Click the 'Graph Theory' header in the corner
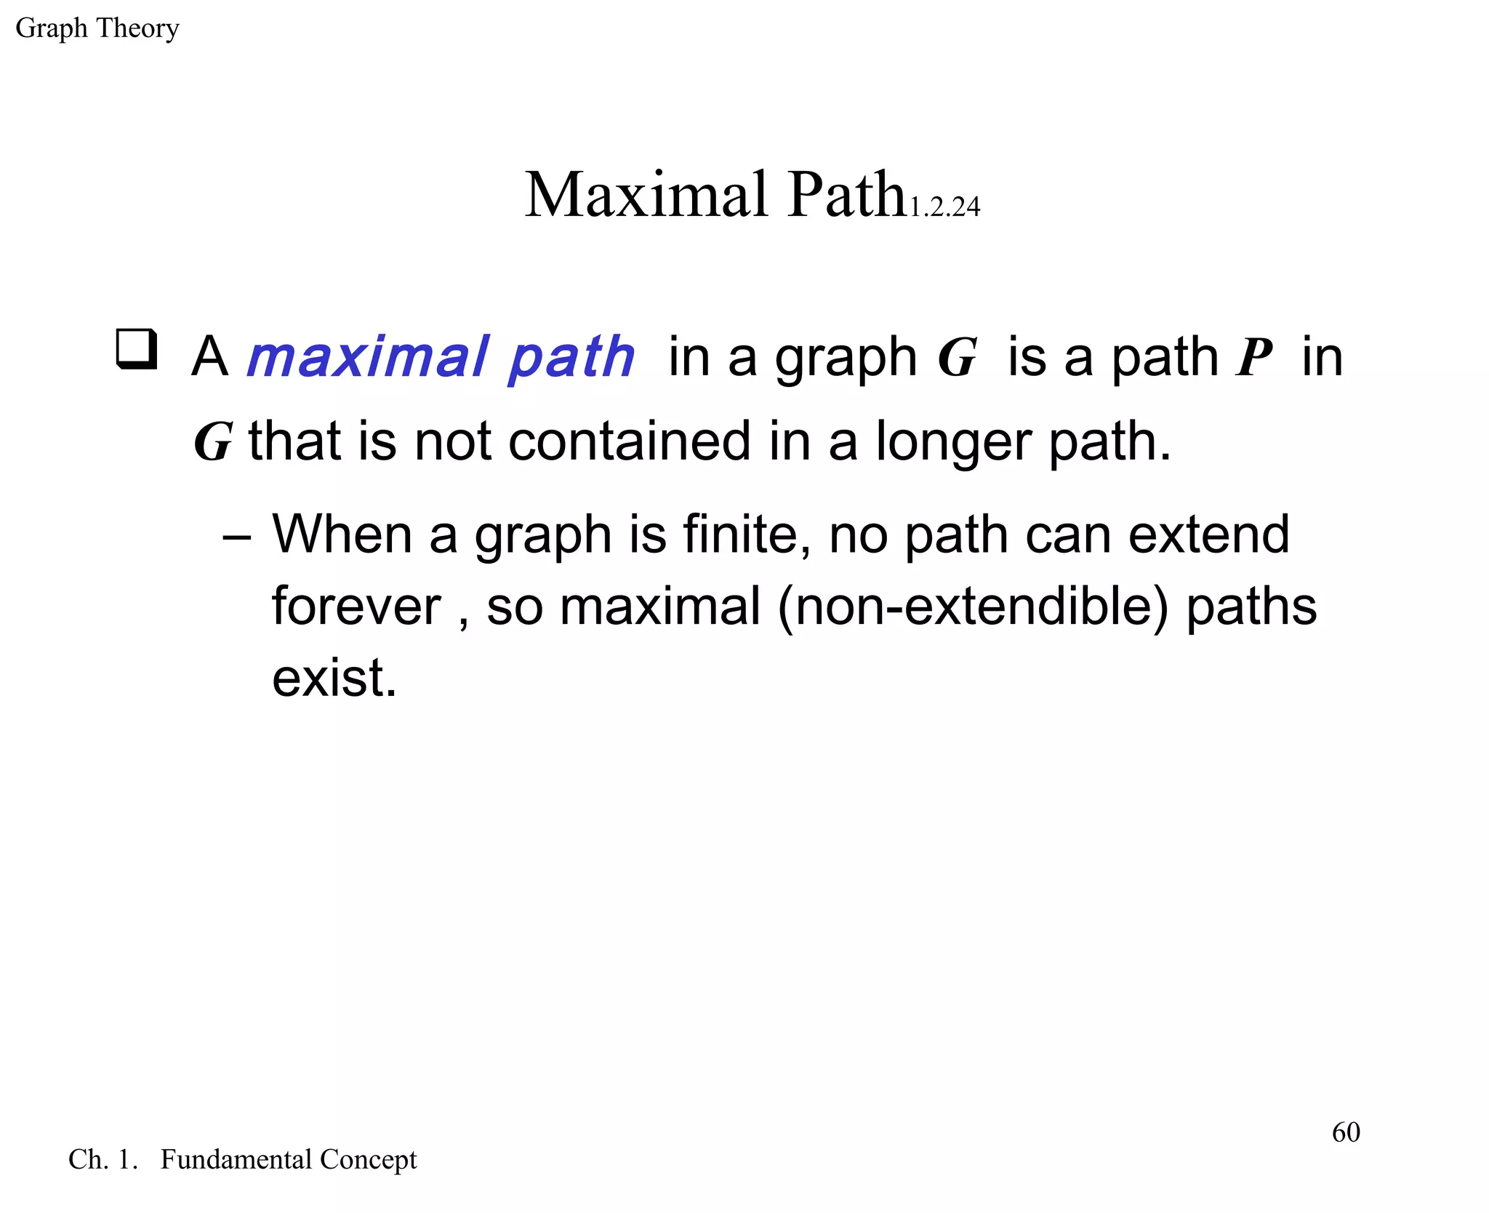click(x=97, y=28)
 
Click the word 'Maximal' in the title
click(x=646, y=194)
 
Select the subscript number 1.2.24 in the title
click(x=944, y=207)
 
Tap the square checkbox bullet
click(x=137, y=350)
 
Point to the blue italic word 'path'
click(x=571, y=359)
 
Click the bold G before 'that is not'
click(x=213, y=441)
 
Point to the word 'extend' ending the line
click(x=1209, y=535)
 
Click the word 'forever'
click(x=356, y=606)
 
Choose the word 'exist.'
click(x=334, y=678)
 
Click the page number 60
click(x=1346, y=1132)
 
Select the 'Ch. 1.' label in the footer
click(x=103, y=1159)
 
